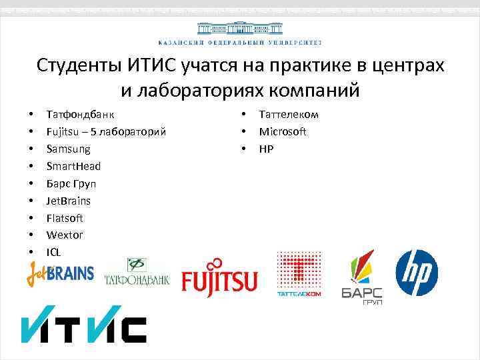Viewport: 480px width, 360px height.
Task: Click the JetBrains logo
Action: click(60, 273)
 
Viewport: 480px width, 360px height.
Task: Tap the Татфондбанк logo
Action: click(137, 273)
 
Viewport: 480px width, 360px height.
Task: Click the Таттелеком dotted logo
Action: click(299, 273)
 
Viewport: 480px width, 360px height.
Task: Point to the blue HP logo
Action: click(417, 272)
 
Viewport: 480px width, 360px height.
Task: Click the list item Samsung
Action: click(68, 149)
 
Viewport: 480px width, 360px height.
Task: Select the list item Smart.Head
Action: click(73, 166)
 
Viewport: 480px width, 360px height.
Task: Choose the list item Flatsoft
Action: click(65, 218)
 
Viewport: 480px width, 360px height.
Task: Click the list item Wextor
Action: click(65, 235)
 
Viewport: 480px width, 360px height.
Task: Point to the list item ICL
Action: click(53, 252)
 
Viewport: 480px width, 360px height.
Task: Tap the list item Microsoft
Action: click(283, 132)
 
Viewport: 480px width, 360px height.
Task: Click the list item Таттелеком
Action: click(289, 115)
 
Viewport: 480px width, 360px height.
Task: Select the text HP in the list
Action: click(266, 149)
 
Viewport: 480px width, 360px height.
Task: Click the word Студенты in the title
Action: click(78, 66)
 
